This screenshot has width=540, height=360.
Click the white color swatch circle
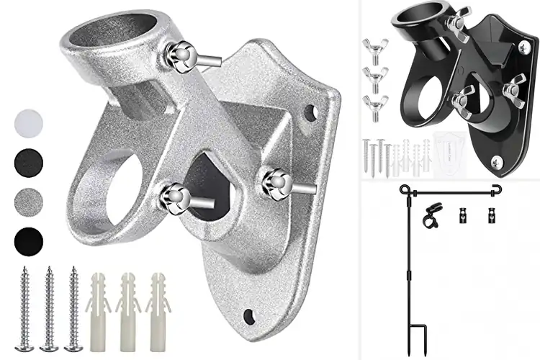tap(28, 122)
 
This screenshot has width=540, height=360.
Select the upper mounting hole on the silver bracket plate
tap(310, 112)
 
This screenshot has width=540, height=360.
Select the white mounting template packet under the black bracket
tap(449, 153)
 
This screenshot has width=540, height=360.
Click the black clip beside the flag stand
tap(433, 215)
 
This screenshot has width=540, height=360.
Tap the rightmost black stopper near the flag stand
tap(492, 215)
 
